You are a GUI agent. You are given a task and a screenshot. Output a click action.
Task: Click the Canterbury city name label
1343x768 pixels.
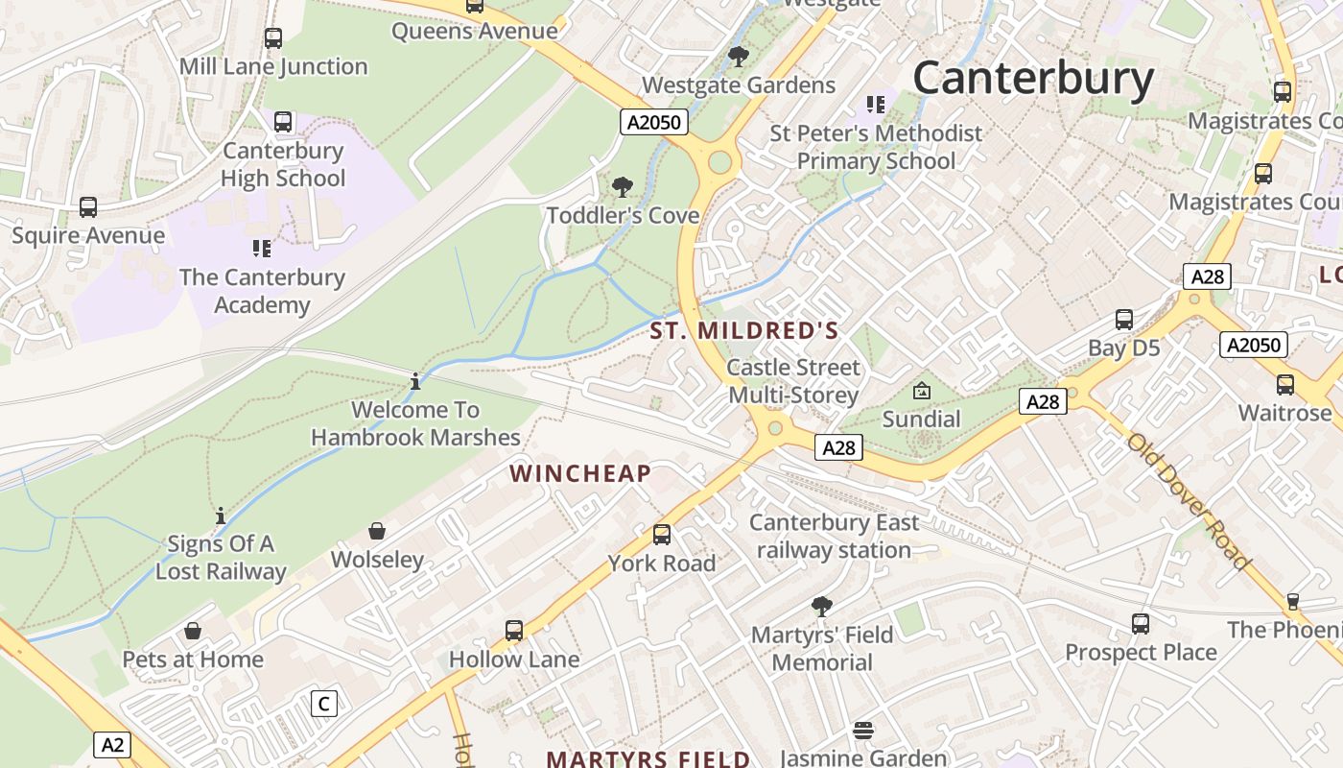point(1032,79)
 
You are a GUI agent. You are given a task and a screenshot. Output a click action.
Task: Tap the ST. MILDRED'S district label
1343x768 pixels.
point(744,331)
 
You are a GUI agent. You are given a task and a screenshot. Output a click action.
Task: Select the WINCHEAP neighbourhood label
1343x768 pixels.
point(580,473)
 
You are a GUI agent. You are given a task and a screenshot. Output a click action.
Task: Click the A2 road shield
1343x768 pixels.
point(113,744)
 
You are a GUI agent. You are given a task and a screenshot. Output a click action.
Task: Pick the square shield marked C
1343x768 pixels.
point(324,704)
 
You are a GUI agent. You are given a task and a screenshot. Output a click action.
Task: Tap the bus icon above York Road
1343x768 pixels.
point(662,535)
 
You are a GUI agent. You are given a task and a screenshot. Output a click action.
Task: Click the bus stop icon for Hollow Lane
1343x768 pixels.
point(514,631)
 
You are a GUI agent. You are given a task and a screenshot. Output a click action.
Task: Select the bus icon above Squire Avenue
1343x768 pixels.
point(88,207)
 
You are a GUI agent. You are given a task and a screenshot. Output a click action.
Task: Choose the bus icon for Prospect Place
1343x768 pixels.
point(1140,624)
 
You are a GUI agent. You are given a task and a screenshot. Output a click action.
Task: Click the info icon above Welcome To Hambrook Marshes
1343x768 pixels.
point(415,382)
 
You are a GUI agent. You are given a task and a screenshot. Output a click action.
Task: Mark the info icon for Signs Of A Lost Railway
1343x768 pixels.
point(221,516)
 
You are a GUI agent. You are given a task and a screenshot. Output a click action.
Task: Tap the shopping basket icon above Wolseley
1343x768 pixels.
point(378,531)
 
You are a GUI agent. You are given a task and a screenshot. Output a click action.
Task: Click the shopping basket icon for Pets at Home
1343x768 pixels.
point(193,631)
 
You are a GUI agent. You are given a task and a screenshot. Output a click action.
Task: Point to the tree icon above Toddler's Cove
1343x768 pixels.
point(623,186)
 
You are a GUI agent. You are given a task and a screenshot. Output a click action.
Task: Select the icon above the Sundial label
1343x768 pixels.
point(922,391)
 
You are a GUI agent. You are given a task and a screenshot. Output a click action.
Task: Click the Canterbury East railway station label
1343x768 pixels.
point(834,536)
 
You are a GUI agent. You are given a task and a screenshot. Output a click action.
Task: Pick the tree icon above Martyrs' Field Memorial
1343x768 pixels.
point(821,606)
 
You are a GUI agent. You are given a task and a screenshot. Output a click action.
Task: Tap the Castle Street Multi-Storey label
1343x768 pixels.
point(793,381)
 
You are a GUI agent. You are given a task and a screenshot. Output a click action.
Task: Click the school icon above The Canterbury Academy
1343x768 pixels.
point(262,249)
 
